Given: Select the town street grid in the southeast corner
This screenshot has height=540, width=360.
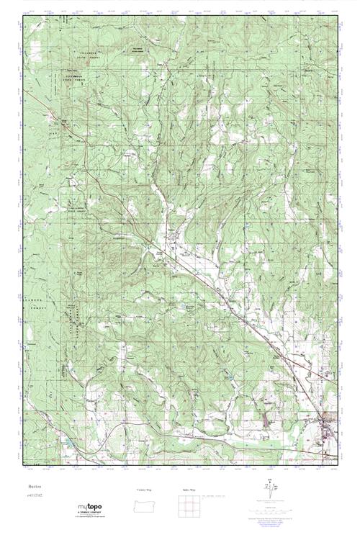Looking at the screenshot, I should click(x=324, y=425).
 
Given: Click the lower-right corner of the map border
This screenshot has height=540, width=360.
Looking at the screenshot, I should click(x=337, y=465).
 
